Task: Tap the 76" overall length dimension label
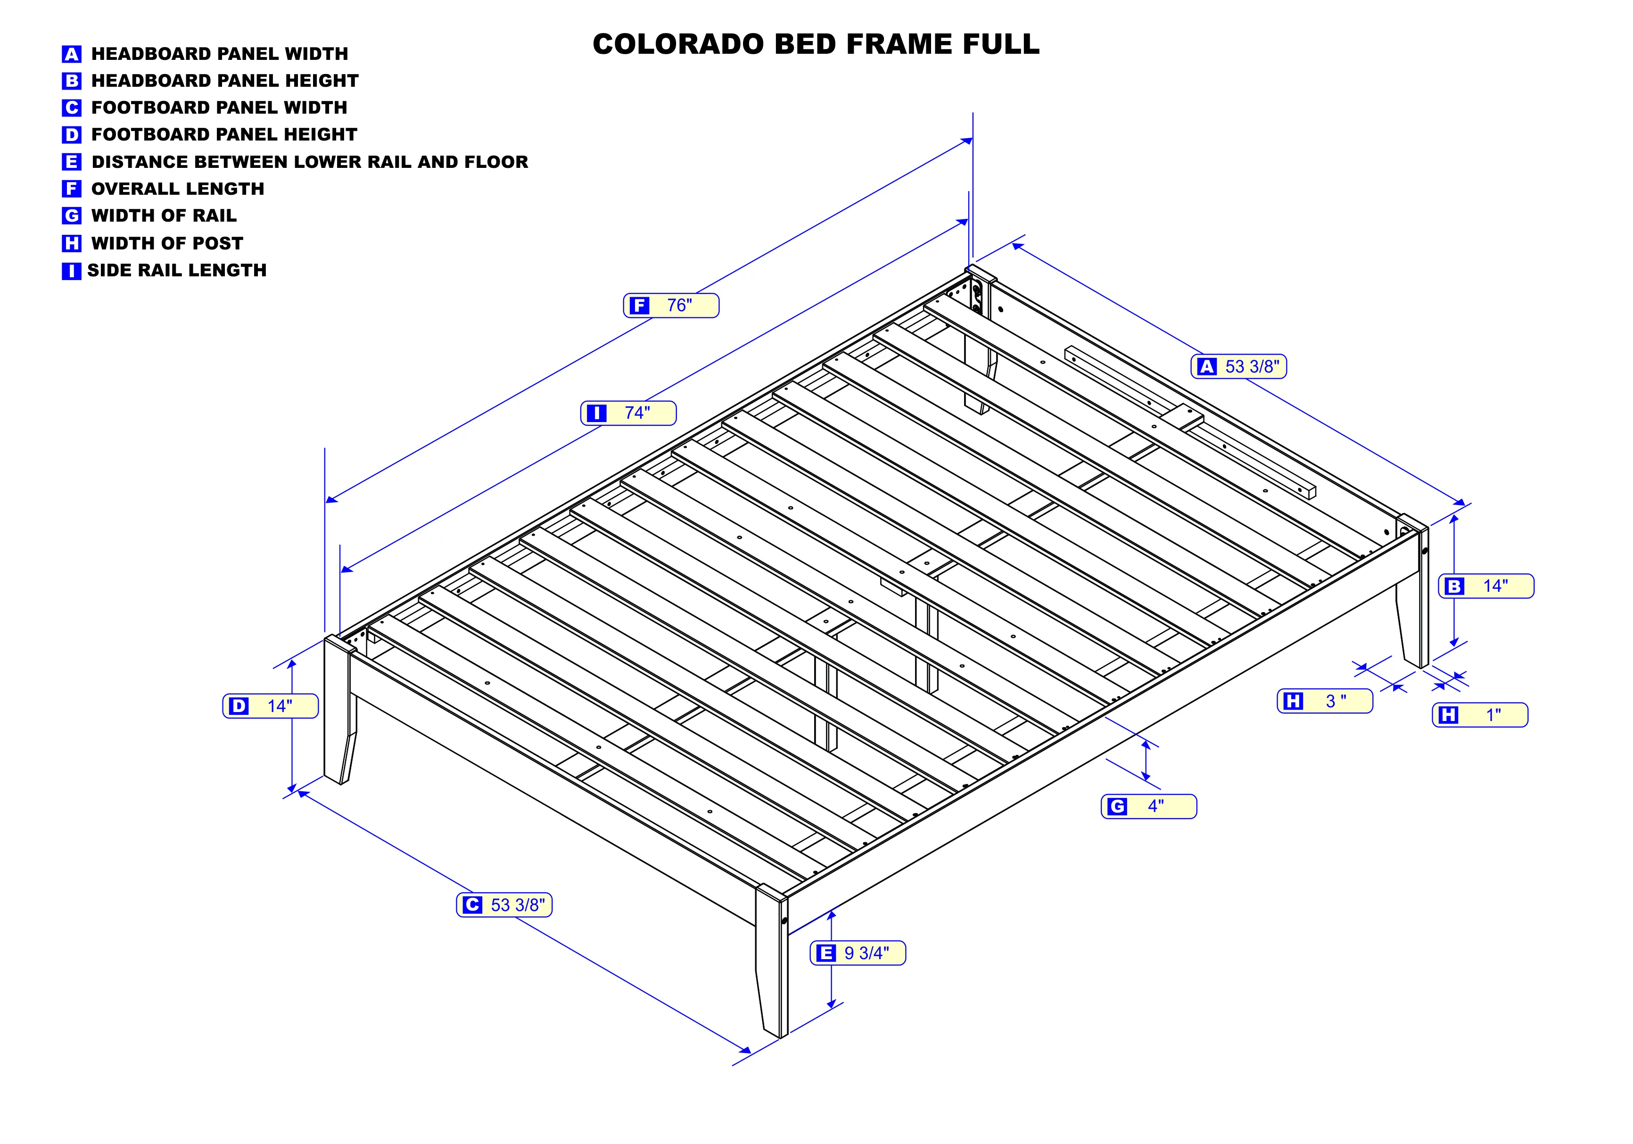coord(671,305)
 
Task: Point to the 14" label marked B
coord(1486,586)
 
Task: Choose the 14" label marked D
coord(270,706)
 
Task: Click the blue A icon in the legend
coord(72,54)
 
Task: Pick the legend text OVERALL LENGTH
coord(178,189)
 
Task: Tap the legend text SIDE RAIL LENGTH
coord(177,270)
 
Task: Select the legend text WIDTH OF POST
coord(167,243)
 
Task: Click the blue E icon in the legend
coord(72,162)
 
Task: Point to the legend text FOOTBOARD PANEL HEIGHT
coord(224,134)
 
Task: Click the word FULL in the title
coord(1001,44)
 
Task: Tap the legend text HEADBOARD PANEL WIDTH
coord(220,54)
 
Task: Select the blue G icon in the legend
coord(72,216)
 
